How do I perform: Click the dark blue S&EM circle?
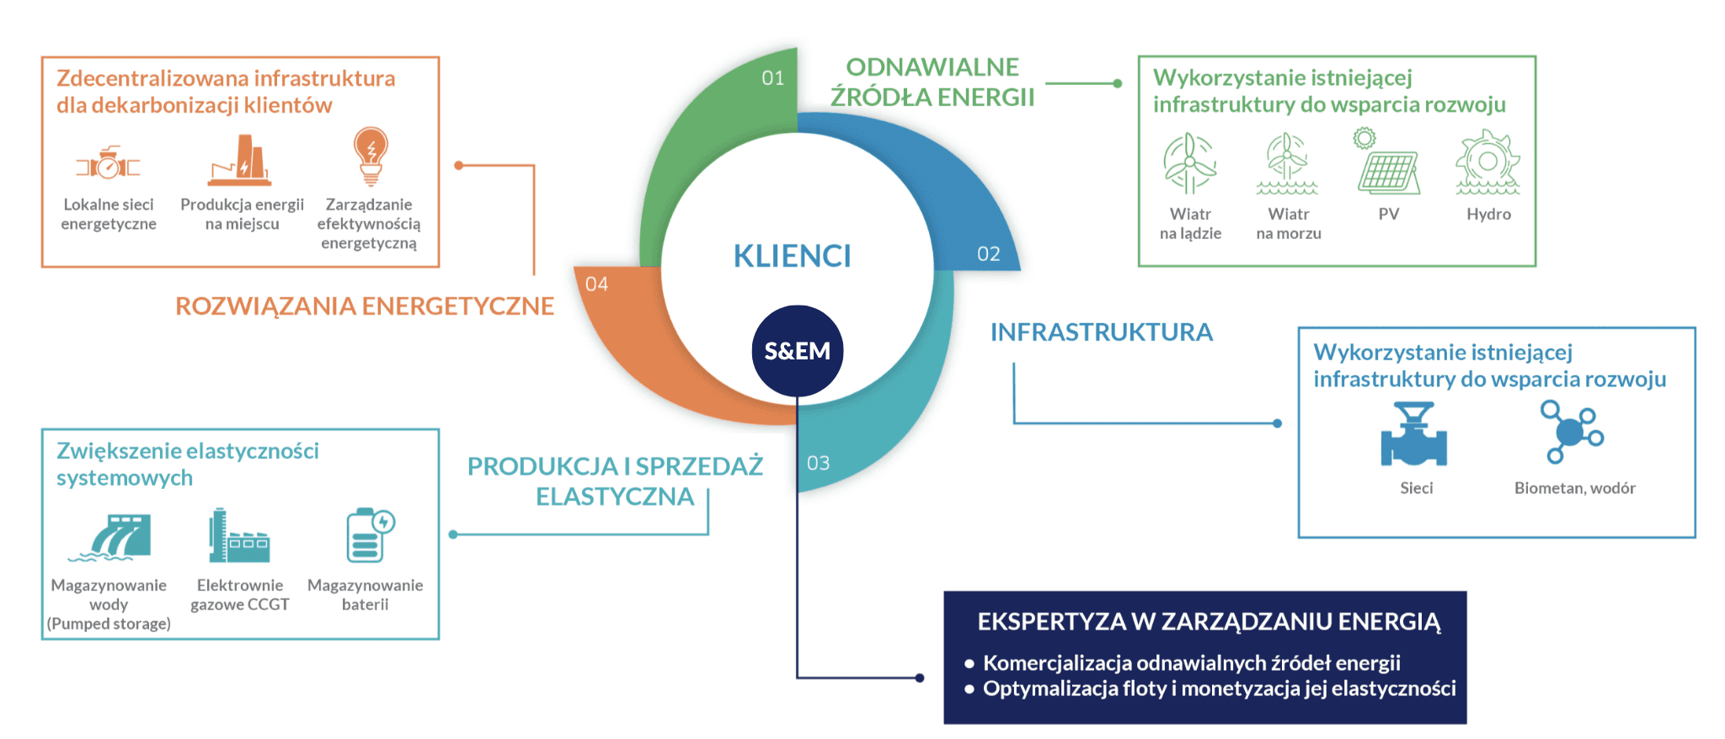coord(797,351)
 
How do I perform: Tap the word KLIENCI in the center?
coord(792,256)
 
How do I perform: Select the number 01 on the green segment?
coord(773,78)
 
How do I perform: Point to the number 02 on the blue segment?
coord(989,254)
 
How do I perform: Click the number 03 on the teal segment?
coord(818,463)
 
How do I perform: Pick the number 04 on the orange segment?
coord(596,284)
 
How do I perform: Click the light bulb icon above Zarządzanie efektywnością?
coord(371,156)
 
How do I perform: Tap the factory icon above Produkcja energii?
coord(241,160)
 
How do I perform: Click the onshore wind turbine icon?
coord(1189,163)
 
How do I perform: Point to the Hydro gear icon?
coord(1488,162)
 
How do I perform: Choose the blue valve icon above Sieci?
coord(1414,434)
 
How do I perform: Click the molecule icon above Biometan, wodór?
coord(1572,432)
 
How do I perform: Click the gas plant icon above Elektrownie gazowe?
coord(239,535)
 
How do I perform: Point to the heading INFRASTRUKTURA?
coord(1101,332)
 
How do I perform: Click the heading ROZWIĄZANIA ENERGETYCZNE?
coord(365,306)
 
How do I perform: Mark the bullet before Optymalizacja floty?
coord(969,688)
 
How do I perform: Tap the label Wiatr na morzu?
coord(1289,224)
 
